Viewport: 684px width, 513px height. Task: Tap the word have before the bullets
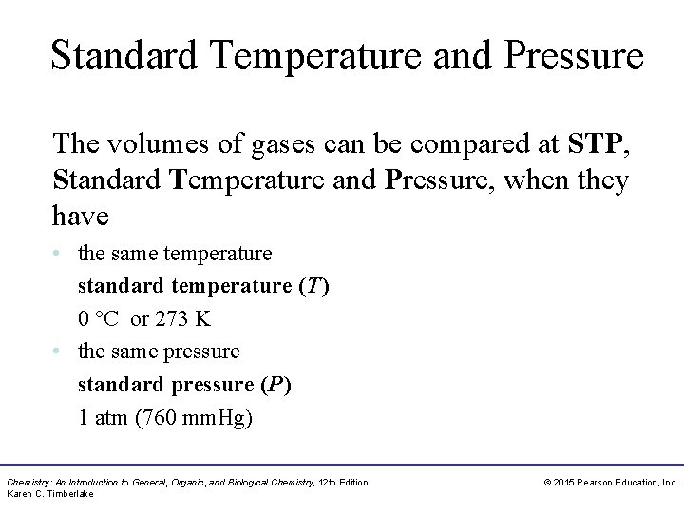(81, 216)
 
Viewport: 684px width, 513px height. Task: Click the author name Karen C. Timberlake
(50, 494)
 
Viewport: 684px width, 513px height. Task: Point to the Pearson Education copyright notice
(610, 483)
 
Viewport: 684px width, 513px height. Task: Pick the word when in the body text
(528, 180)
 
